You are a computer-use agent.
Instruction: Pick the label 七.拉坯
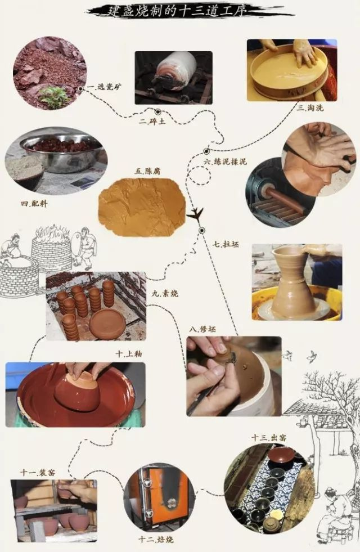click(x=223, y=244)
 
